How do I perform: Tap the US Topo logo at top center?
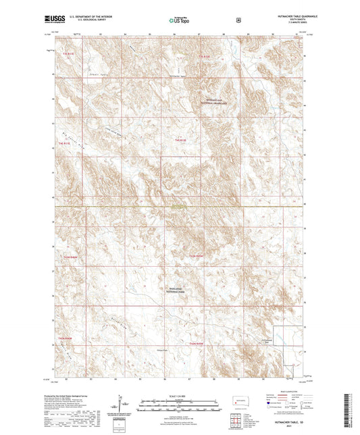pos(179,20)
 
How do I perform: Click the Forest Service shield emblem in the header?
pos(238,20)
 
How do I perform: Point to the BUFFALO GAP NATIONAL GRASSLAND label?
pos(215,100)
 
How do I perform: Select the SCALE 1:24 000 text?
pos(179,395)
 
